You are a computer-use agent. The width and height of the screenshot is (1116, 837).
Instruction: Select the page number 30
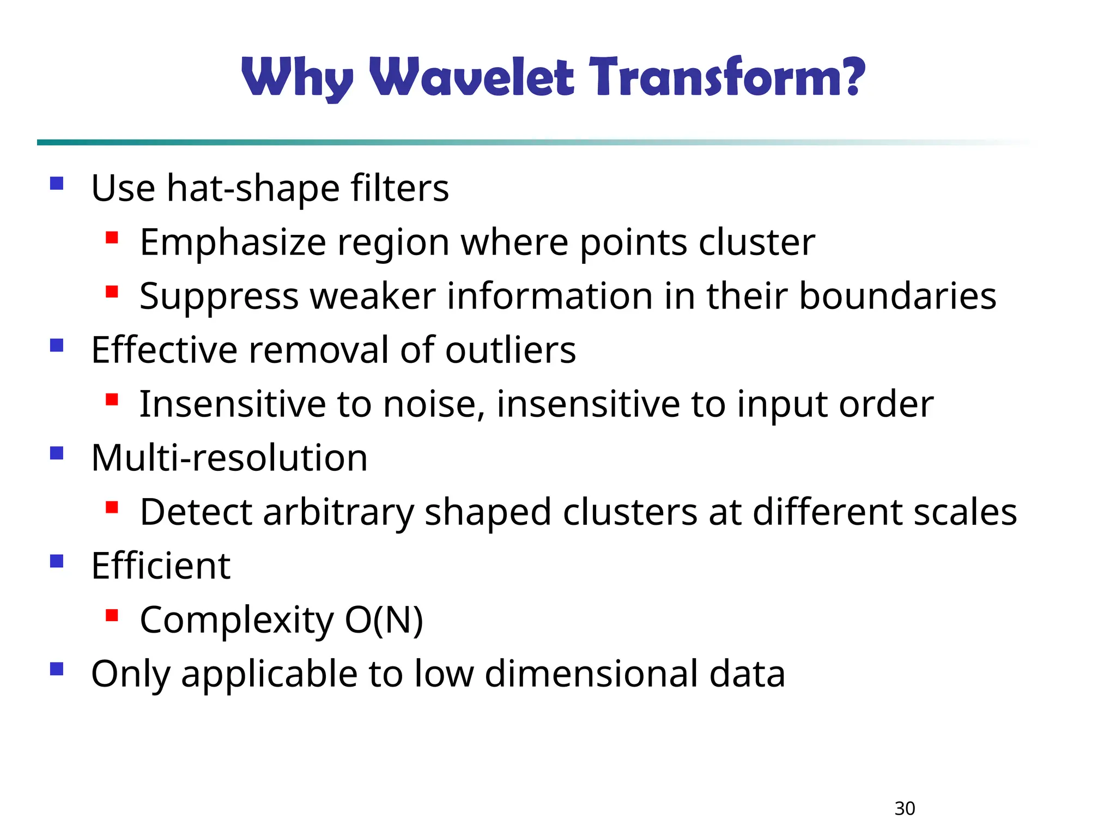pyautogui.click(x=905, y=808)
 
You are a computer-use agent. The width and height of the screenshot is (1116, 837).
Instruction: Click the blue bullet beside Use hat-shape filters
pyautogui.click(x=57, y=183)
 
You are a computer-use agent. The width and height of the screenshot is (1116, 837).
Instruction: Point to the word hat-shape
pyautogui.click(x=253, y=189)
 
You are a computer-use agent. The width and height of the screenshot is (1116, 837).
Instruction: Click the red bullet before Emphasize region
pyautogui.click(x=112, y=238)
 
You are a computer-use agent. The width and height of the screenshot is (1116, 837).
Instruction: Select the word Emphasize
pyautogui.click(x=233, y=242)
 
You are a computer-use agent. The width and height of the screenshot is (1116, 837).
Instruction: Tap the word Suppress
pyautogui.click(x=219, y=297)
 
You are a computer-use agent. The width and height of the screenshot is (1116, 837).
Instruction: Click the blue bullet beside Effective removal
pyautogui.click(x=57, y=345)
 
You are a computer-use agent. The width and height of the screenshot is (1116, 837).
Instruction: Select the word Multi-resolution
pyautogui.click(x=229, y=458)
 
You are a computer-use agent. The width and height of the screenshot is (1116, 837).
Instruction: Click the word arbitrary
pyautogui.click(x=338, y=513)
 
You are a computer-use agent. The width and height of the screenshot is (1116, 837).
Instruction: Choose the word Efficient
pyautogui.click(x=161, y=566)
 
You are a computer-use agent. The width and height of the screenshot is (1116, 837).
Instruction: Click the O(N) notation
pyautogui.click(x=384, y=620)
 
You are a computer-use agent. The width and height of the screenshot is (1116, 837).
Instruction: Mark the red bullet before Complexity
pyautogui.click(x=112, y=616)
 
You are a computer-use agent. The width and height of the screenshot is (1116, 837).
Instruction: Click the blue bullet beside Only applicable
pyautogui.click(x=57, y=669)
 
